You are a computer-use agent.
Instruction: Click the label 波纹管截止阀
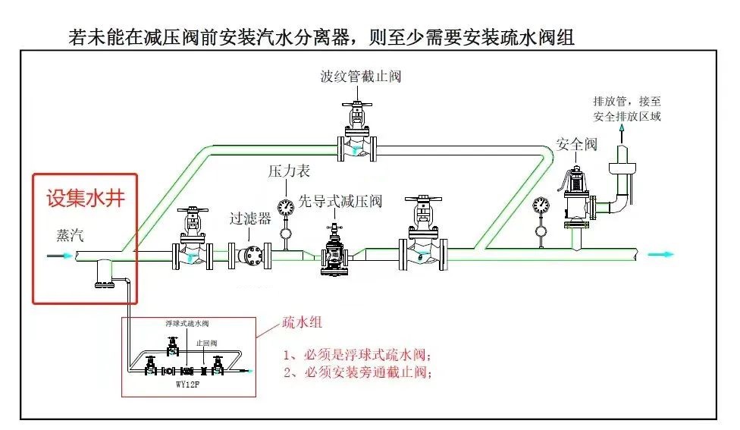(x=360, y=76)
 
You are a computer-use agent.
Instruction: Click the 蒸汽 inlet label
(x=71, y=235)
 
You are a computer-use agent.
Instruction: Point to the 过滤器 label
(x=250, y=219)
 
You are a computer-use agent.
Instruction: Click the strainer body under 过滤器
(x=250, y=256)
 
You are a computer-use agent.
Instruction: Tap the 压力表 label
(x=289, y=172)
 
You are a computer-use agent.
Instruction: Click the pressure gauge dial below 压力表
(x=286, y=207)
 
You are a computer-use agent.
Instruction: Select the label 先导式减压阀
(x=339, y=202)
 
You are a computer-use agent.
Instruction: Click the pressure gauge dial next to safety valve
(x=541, y=204)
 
